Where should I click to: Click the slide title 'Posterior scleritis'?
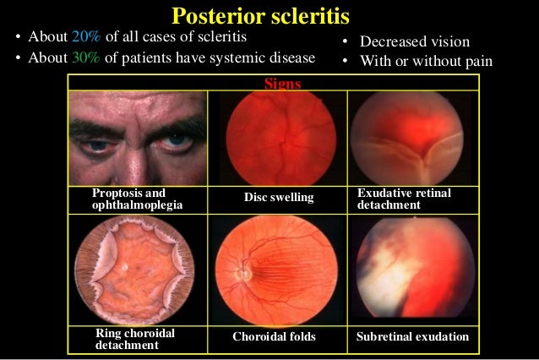(x=260, y=16)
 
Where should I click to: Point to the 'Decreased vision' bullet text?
(x=414, y=41)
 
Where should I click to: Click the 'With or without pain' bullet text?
(x=427, y=61)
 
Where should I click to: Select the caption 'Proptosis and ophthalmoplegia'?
(x=135, y=199)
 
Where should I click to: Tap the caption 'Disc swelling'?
(x=278, y=198)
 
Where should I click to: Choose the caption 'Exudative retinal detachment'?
(x=404, y=199)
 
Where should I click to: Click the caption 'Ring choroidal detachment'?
(x=135, y=339)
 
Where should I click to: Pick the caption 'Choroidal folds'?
(x=274, y=336)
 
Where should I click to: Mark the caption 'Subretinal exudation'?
(x=412, y=336)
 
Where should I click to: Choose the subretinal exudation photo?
(x=411, y=270)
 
